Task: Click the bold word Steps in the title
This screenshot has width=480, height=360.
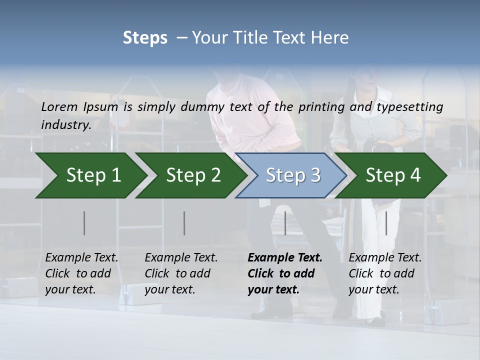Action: (x=145, y=38)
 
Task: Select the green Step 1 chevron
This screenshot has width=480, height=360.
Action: (x=90, y=175)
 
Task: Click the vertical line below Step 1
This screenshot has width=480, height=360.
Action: (x=84, y=223)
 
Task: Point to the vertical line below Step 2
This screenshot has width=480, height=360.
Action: (x=184, y=223)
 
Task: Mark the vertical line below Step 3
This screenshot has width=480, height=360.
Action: (x=285, y=223)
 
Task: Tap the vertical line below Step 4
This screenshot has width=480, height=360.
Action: (x=386, y=223)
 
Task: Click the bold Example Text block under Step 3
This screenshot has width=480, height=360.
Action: (x=284, y=273)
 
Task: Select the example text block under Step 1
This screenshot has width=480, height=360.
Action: (x=81, y=273)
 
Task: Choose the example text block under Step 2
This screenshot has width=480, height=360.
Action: (x=181, y=273)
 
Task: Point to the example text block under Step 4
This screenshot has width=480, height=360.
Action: (x=385, y=273)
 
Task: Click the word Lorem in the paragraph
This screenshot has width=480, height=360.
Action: (x=59, y=106)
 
